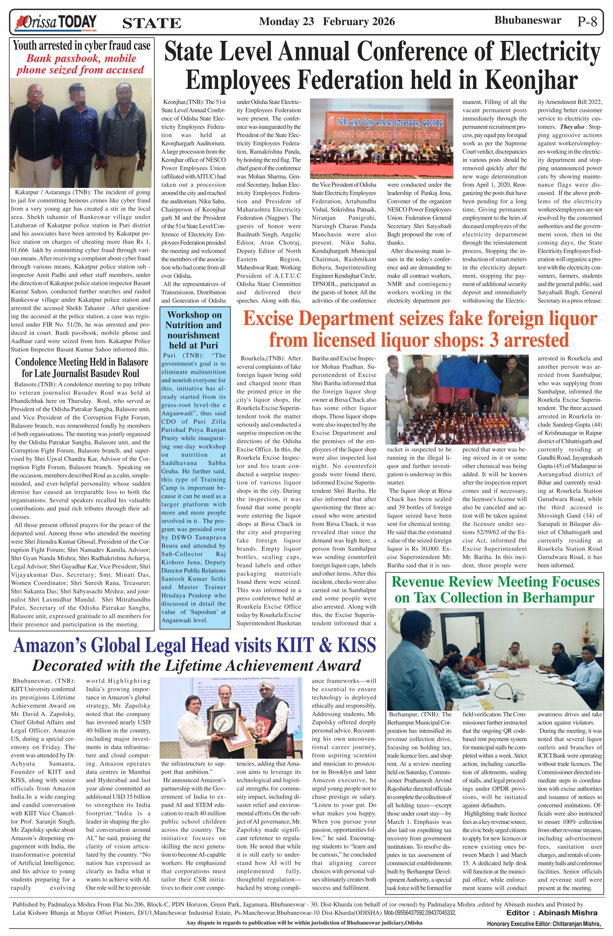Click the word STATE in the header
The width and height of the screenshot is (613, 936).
152,24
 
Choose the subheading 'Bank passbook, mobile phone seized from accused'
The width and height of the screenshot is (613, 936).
80,65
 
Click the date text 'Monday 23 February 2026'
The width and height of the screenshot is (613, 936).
327,21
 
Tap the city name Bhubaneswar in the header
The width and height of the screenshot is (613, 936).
527,20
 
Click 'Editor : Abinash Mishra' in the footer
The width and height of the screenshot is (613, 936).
552,912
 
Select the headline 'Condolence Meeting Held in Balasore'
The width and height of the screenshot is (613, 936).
81,362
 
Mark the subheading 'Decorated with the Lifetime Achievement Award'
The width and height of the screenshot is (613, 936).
196,666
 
